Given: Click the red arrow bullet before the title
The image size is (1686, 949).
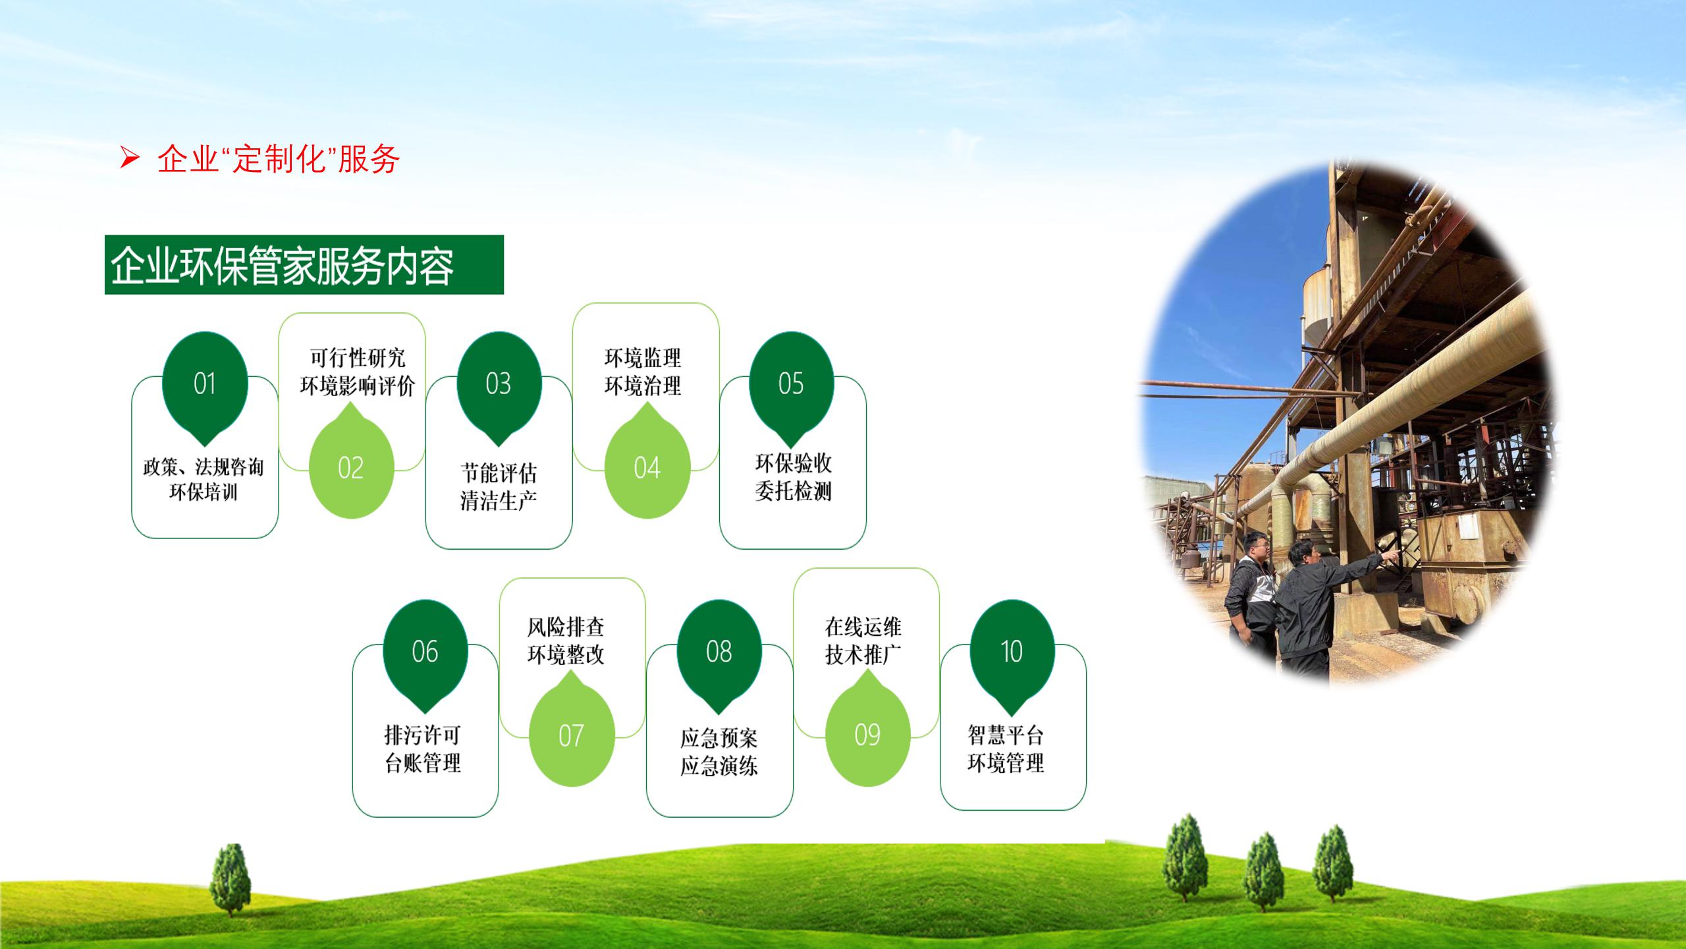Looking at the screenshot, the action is (130, 158).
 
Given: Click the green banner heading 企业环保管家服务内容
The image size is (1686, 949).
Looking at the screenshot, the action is (304, 264).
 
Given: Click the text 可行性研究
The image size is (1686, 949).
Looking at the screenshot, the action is (358, 358).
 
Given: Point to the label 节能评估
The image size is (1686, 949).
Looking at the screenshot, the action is (499, 473).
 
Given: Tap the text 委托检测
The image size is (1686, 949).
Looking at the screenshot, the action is (793, 491).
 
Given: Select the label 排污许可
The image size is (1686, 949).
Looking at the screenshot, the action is (423, 735).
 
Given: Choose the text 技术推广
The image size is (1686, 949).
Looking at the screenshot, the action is (863, 654).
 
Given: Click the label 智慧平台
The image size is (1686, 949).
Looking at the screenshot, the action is (1006, 735).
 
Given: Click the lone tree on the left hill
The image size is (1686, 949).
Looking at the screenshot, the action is (230, 880).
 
